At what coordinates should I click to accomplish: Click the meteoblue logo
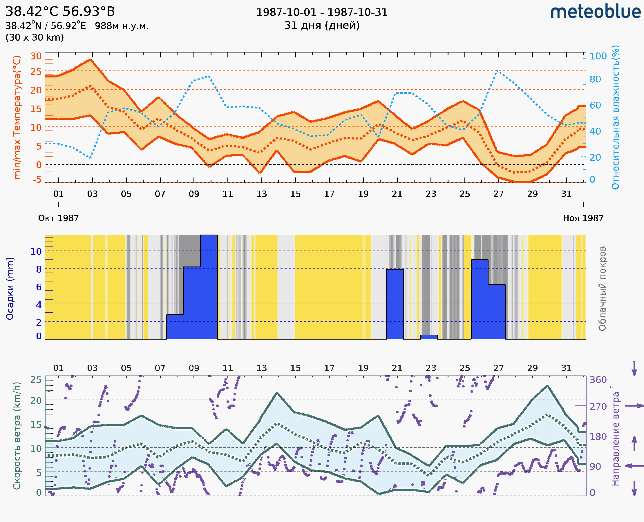[596, 12]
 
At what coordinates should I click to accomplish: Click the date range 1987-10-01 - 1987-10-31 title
[322, 12]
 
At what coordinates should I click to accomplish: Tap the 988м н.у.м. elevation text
[122, 26]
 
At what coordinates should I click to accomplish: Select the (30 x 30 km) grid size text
[35, 38]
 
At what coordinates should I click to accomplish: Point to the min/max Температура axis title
[17, 117]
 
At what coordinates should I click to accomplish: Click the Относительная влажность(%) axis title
[615, 117]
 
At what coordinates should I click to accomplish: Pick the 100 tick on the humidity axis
[598, 56]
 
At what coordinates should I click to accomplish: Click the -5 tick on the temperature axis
[37, 180]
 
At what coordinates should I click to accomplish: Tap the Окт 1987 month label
[58, 218]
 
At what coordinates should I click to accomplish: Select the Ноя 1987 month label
[583, 218]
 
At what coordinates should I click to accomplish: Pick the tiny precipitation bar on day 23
[429, 337]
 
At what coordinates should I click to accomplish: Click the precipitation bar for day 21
[395, 304]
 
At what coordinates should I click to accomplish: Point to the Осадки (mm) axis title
[10, 288]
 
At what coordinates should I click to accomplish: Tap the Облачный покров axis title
[602, 288]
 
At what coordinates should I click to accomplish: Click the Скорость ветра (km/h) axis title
[17, 436]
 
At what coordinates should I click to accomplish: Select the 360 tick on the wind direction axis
[598, 380]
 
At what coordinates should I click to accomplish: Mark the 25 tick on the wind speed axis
[36, 380]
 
